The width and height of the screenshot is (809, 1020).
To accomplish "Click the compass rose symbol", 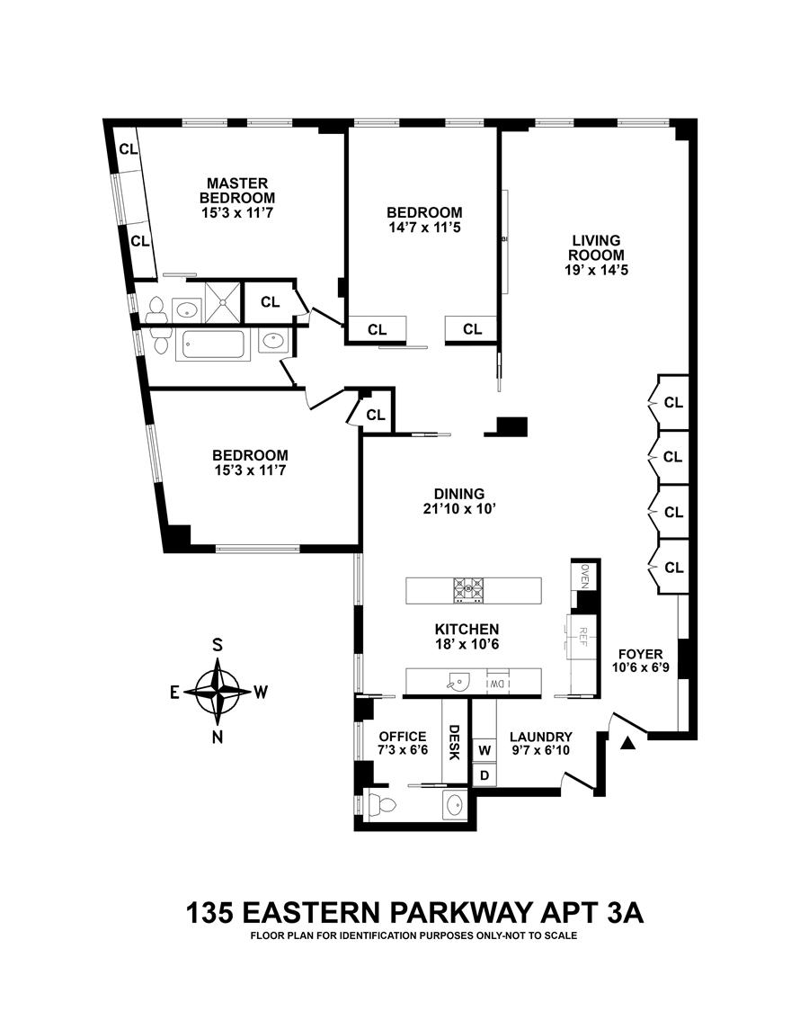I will pyautogui.click(x=217, y=692).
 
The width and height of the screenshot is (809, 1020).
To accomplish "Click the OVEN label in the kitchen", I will pyautogui.click(x=584, y=575).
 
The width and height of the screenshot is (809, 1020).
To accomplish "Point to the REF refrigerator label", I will pyautogui.click(x=582, y=637).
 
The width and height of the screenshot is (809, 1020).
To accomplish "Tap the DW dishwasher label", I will pyautogui.click(x=495, y=684).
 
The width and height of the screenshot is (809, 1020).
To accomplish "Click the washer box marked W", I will pyautogui.click(x=485, y=749).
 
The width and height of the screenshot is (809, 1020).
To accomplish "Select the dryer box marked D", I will pyautogui.click(x=485, y=774).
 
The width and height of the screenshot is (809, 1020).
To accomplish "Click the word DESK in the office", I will pyautogui.click(x=454, y=742).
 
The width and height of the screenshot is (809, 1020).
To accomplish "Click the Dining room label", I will pyautogui.click(x=459, y=494).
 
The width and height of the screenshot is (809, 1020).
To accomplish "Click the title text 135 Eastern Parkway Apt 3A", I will pyautogui.click(x=414, y=913).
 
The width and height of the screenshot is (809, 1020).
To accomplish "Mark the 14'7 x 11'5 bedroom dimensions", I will pyautogui.click(x=424, y=228).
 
